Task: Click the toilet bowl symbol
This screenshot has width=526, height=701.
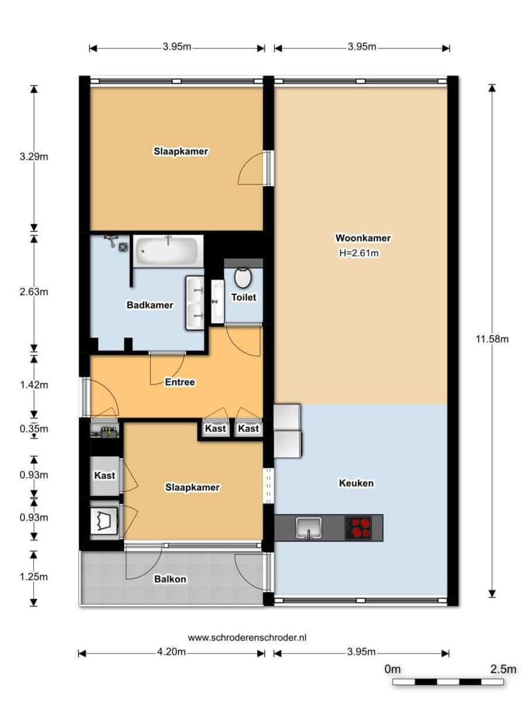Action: click(243, 277)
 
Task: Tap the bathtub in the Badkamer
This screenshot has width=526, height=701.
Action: click(168, 251)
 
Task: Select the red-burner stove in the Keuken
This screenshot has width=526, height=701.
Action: click(358, 528)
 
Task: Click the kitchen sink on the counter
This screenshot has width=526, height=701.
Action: click(309, 528)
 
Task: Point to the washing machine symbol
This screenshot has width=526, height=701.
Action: click(104, 521)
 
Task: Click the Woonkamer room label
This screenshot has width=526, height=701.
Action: click(363, 238)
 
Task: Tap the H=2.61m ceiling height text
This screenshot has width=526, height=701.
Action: click(359, 254)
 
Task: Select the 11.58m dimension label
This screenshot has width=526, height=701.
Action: click(492, 339)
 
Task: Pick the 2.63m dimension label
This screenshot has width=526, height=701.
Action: click(34, 291)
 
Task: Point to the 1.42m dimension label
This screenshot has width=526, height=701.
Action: click(34, 385)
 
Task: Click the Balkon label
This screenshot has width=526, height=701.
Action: click(170, 579)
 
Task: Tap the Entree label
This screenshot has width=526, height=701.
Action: click(180, 382)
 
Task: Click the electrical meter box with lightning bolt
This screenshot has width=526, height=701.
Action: click(109, 433)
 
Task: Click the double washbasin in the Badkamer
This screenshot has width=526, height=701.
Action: click(195, 303)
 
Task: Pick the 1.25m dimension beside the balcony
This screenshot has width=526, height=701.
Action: click(33, 577)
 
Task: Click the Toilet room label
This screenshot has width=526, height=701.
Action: click(244, 297)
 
